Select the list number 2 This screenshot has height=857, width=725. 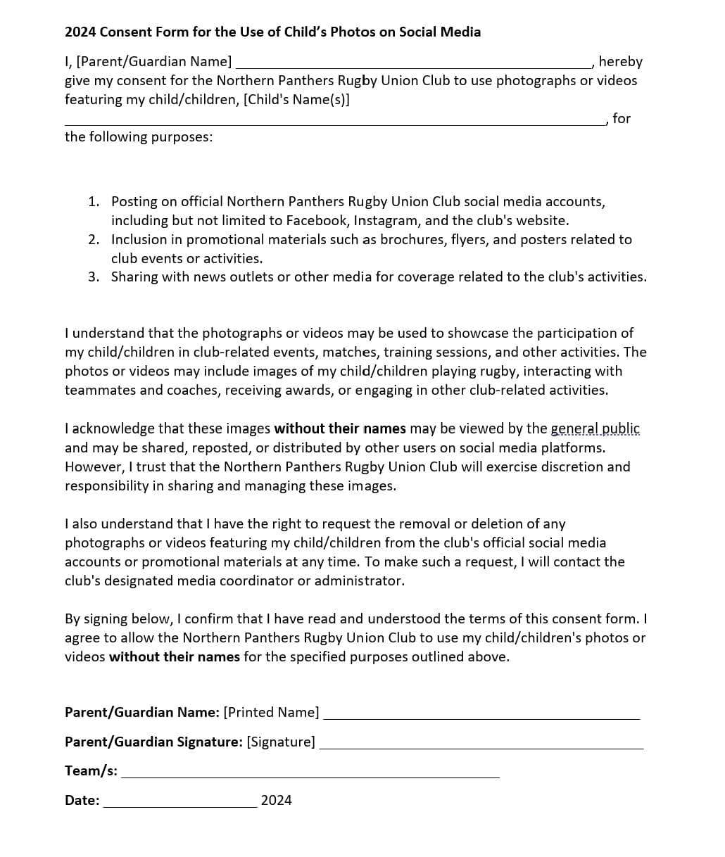94,239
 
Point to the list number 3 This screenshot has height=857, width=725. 94,277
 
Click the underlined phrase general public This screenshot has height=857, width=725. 595,428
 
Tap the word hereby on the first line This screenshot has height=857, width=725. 620,62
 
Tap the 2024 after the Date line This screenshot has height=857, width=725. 276,800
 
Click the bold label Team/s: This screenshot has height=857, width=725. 91,770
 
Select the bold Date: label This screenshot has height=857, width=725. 82,800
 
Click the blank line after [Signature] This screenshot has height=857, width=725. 481,747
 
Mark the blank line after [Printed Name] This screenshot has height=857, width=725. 481,718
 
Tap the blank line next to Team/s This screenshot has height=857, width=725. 310,776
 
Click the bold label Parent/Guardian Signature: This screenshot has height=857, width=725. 153,742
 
